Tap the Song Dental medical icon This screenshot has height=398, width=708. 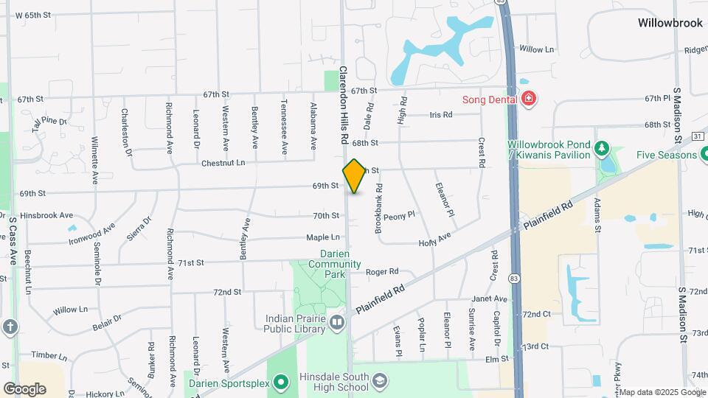[x=528, y=99]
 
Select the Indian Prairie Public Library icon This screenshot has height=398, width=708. [x=337, y=321]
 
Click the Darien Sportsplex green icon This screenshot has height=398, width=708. [x=280, y=382]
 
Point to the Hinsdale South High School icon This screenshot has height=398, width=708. [x=379, y=382]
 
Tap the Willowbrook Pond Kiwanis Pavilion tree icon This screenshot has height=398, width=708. [x=602, y=148]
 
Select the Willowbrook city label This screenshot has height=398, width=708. [x=671, y=23]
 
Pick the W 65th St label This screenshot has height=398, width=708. [x=32, y=15]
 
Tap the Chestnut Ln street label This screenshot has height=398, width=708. [x=223, y=162]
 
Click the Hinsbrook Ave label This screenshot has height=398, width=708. [x=46, y=215]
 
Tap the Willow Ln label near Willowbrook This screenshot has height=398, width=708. [x=536, y=49]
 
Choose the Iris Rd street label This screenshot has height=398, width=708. [x=440, y=115]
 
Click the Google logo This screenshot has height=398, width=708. [x=24, y=388]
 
